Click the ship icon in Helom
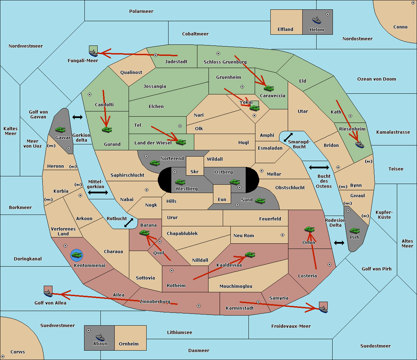pos(317,20)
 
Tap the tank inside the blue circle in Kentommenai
pos(77,255)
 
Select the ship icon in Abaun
pos(100,337)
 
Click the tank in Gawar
pos(60,129)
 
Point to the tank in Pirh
pos(354,231)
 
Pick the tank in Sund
pos(260,201)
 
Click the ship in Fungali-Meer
pos(93,53)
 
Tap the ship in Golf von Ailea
pos(48,293)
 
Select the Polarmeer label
pos(141,11)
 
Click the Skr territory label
pos(195,171)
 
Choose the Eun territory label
pos(222,199)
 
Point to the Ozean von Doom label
pos(377,79)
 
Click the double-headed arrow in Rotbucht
pos(129,223)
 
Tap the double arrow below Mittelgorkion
pos(98,192)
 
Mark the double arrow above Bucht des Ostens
pos(319,167)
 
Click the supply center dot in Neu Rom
pos(283,235)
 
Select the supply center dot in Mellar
pos(262,171)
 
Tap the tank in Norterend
pos(155,163)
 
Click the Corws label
pos(18,352)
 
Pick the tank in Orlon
pos(310,229)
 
